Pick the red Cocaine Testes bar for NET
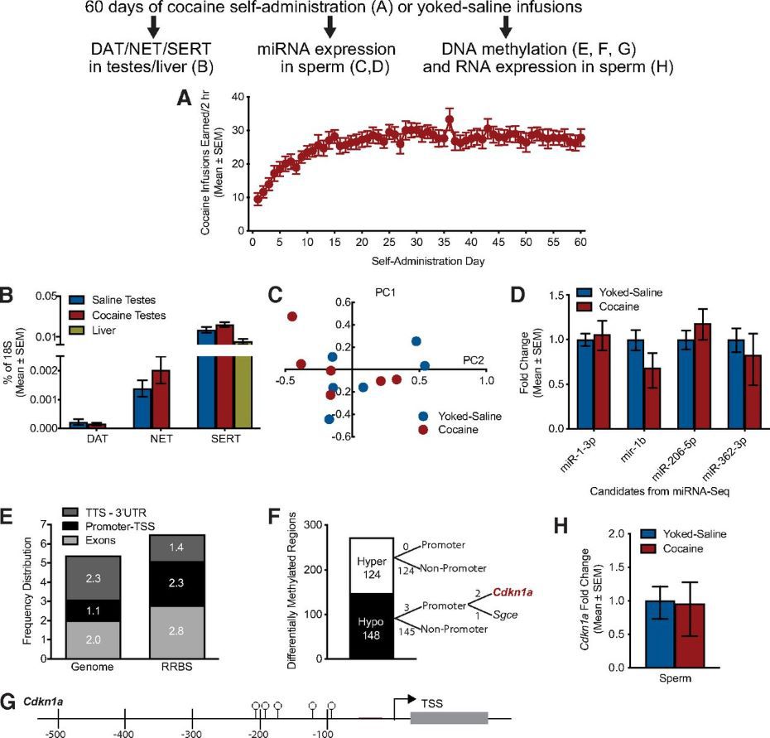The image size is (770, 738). click(160, 399)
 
